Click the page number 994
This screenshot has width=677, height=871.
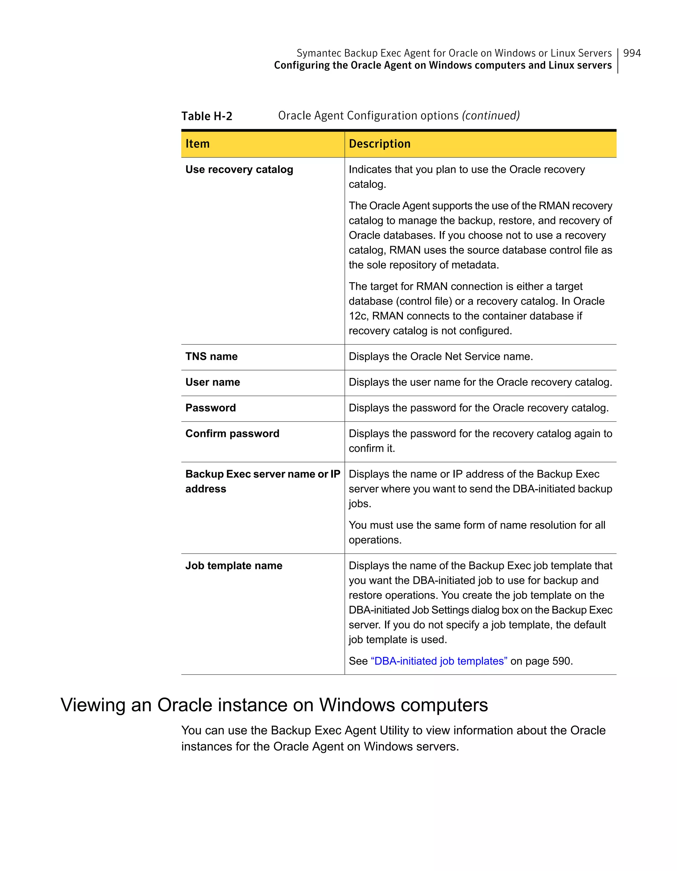point(632,53)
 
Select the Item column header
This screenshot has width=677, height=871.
point(197,144)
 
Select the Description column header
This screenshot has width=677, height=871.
point(379,144)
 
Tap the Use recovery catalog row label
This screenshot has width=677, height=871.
point(239,169)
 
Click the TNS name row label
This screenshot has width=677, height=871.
point(211,357)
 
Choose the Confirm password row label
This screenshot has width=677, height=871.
point(232,433)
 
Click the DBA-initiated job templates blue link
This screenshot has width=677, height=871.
point(439,661)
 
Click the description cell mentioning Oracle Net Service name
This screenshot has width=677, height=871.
point(440,357)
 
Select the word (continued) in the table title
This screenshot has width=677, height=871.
point(491,116)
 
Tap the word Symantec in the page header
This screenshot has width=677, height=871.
point(319,53)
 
